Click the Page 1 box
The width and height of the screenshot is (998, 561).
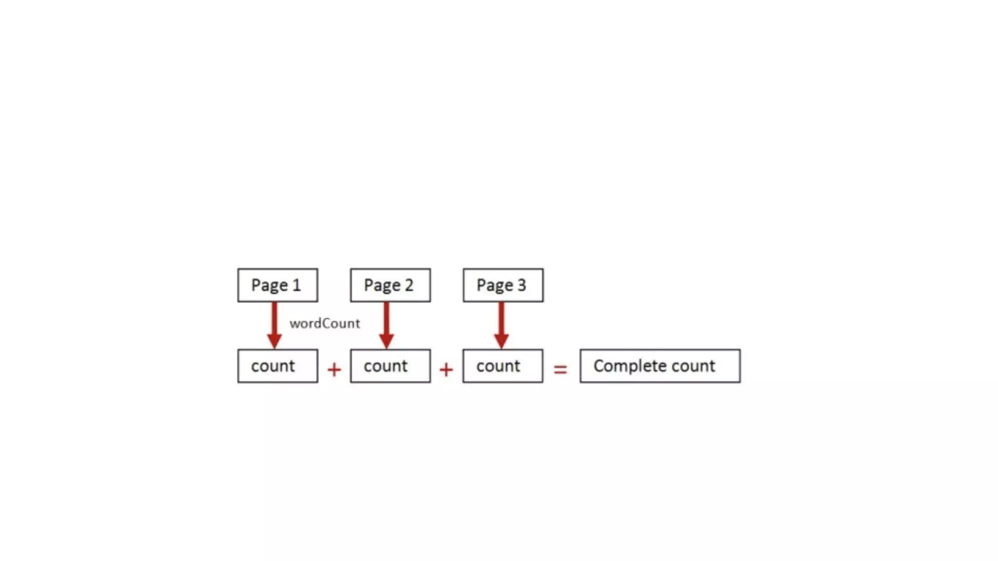pyautogui.click(x=277, y=285)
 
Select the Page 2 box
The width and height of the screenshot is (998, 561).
pyautogui.click(x=390, y=285)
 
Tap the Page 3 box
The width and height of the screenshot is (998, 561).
pyautogui.click(x=503, y=285)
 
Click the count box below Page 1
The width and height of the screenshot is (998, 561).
pyautogui.click(x=277, y=366)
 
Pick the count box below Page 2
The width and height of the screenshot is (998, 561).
pyautogui.click(x=390, y=366)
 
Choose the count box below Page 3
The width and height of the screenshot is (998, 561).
pyautogui.click(x=502, y=366)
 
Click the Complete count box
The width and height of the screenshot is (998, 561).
pyautogui.click(x=660, y=366)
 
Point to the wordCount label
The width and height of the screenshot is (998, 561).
pyautogui.click(x=325, y=323)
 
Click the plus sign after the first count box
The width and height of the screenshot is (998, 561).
pyautogui.click(x=334, y=370)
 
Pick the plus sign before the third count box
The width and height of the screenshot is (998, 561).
pyautogui.click(x=446, y=370)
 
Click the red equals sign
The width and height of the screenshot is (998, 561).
pyautogui.click(x=560, y=370)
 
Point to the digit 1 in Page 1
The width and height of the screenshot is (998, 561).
pyautogui.click(x=296, y=285)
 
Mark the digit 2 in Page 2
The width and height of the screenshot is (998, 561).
pyautogui.click(x=409, y=285)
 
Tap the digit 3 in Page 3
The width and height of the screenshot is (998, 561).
pyautogui.click(x=522, y=285)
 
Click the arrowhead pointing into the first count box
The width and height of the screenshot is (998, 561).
pyautogui.click(x=274, y=340)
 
